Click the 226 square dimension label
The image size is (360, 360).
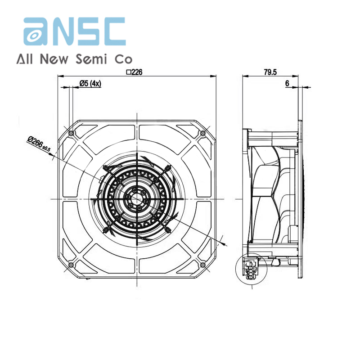[135, 72]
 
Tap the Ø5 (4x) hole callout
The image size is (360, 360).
[90, 84]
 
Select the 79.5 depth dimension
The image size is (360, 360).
[270, 72]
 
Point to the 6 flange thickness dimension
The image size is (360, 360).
[287, 84]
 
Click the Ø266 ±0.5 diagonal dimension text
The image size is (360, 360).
[39, 144]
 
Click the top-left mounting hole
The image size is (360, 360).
[71, 133]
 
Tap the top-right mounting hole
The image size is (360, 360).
[203, 133]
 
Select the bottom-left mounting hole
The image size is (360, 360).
[71, 265]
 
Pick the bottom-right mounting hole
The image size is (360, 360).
[203, 265]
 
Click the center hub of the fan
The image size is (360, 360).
[137, 199]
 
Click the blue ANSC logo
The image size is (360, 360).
[75, 31]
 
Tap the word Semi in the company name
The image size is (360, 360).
[91, 59]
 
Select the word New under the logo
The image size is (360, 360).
[54, 59]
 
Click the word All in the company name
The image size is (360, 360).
[25, 59]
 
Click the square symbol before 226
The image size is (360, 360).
[129, 72]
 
